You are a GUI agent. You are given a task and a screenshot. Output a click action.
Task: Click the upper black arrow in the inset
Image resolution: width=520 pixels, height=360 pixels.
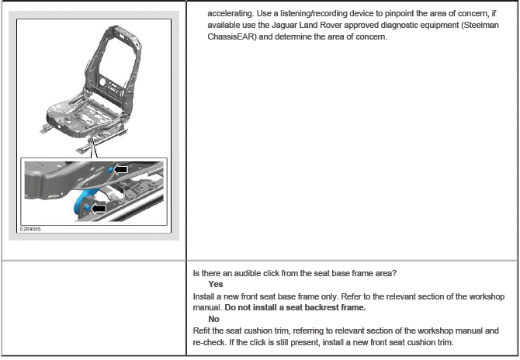click(120, 169)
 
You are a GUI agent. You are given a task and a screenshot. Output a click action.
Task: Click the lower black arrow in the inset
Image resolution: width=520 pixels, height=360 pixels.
click(99, 207)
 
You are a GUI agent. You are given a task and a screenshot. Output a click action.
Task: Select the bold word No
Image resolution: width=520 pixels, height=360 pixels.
click(214, 318)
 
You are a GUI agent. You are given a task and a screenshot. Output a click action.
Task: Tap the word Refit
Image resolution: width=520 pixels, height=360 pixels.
click(203, 330)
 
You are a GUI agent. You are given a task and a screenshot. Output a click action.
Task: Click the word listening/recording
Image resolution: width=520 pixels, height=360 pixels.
click(317, 14)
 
